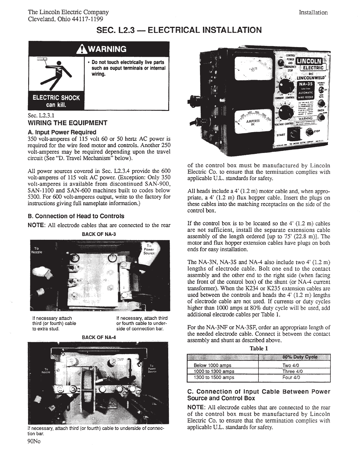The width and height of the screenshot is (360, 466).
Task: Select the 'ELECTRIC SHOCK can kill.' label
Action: click(x=56, y=101)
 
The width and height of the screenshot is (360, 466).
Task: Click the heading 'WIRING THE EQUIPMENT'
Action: click(x=67, y=123)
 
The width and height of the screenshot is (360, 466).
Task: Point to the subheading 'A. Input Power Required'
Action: click(x=62, y=132)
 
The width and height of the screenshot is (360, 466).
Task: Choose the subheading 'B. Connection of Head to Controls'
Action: click(x=76, y=216)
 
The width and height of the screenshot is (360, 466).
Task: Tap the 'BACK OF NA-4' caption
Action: click(x=99, y=337)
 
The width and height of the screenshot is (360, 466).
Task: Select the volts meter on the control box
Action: click(x=251, y=69)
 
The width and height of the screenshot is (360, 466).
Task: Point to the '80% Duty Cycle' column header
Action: click(x=300, y=357)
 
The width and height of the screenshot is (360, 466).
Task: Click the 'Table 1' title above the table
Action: click(x=259, y=349)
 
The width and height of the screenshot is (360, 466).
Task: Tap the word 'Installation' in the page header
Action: click(x=313, y=12)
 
